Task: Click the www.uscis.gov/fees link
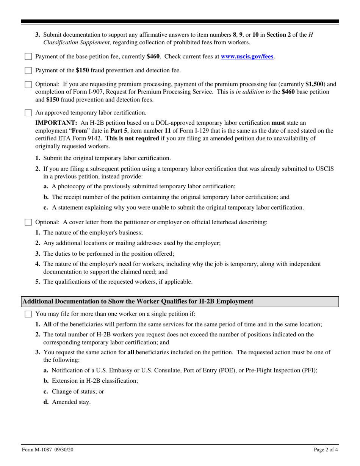coord(247,57)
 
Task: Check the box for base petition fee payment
coord(28,57)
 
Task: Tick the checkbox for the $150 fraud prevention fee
coord(28,70)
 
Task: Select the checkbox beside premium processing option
coord(28,84)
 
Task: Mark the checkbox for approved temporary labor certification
coord(28,113)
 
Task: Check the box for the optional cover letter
coord(28,222)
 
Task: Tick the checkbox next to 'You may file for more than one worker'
coord(28,314)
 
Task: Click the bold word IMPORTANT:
coord(56,123)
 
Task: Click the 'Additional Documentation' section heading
coord(138,302)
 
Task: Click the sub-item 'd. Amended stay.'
coord(67,402)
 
